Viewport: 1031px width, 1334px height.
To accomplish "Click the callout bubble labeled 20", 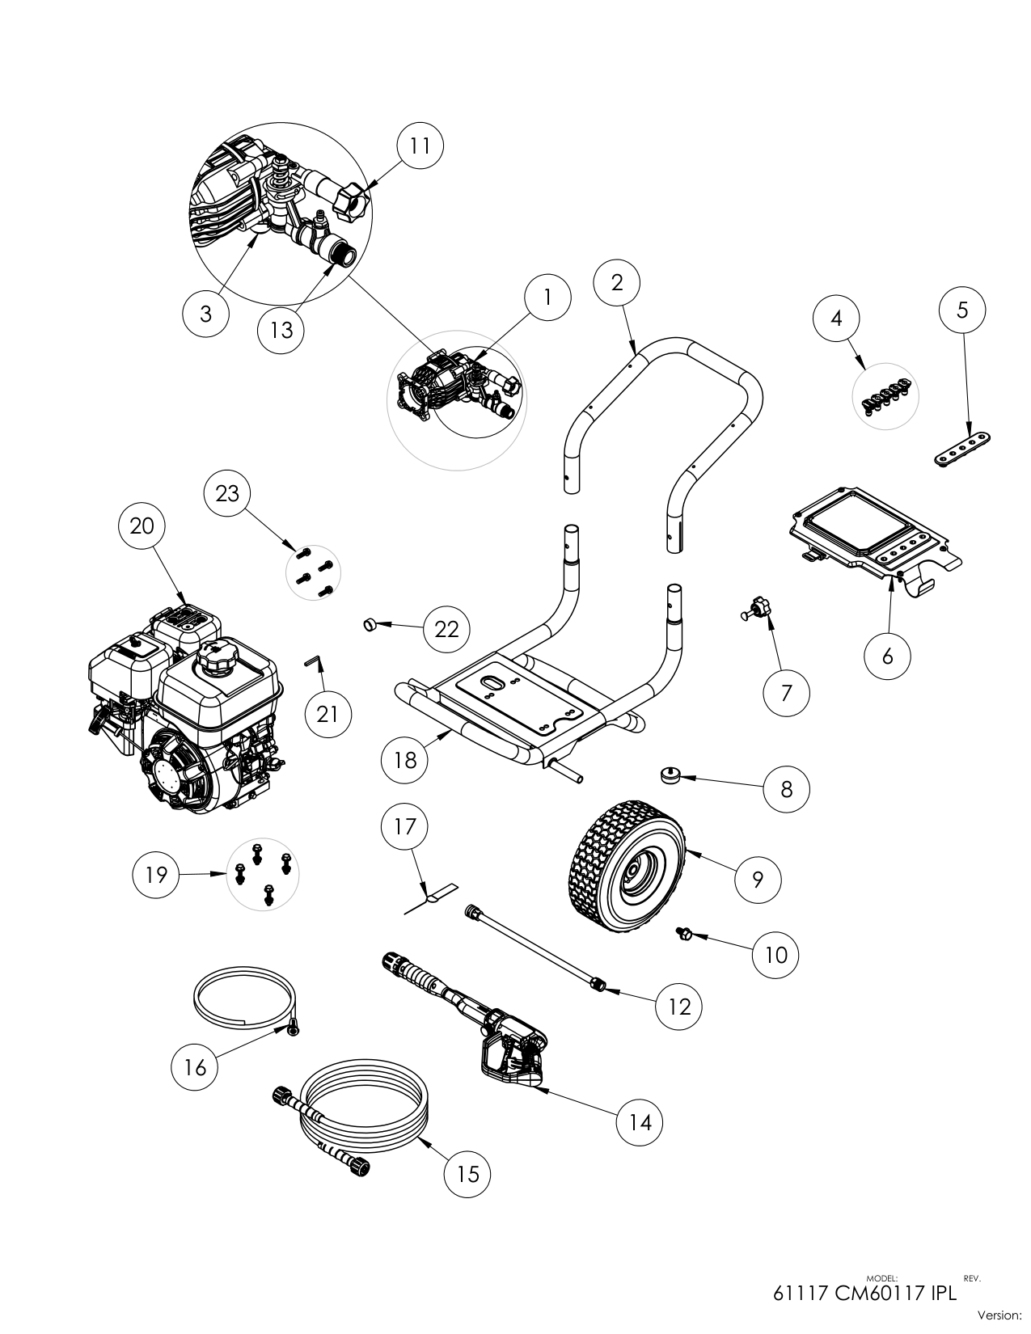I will (x=142, y=526).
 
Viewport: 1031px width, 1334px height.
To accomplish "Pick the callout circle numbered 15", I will (x=467, y=1173).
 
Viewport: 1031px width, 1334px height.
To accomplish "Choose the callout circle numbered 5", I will (x=962, y=310).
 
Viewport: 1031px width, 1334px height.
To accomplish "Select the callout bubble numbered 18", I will (x=405, y=760).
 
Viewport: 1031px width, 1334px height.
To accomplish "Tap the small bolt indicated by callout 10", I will (x=684, y=935).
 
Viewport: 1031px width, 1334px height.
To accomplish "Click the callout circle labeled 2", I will (x=617, y=282).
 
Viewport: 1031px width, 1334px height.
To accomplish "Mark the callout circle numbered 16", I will (x=195, y=1067).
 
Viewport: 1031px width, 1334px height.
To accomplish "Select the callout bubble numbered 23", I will (x=227, y=493).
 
